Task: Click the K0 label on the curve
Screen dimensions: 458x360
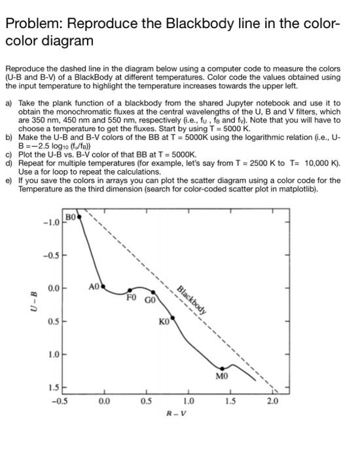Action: coord(164,322)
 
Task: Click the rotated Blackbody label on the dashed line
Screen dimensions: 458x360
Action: coord(194,300)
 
